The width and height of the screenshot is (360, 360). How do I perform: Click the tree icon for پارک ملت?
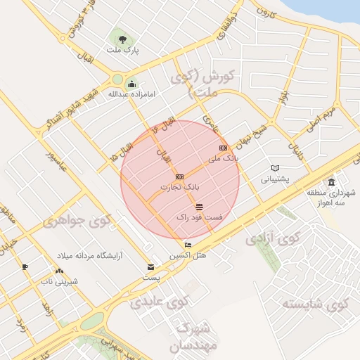123,39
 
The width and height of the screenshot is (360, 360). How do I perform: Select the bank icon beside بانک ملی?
223,148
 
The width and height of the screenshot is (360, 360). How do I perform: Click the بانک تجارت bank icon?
179,176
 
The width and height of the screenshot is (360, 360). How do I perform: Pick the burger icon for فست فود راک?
200,206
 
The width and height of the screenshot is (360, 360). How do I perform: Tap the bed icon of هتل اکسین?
187,245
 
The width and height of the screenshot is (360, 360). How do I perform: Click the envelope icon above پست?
150,267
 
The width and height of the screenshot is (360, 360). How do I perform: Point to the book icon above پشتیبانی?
276,168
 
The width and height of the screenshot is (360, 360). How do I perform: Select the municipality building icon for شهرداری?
331,183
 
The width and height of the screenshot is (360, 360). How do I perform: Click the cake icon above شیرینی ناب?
58,271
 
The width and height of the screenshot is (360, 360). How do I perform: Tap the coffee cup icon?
25,266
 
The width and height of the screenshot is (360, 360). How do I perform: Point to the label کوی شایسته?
316,304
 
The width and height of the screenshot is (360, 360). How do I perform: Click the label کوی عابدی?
160,302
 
